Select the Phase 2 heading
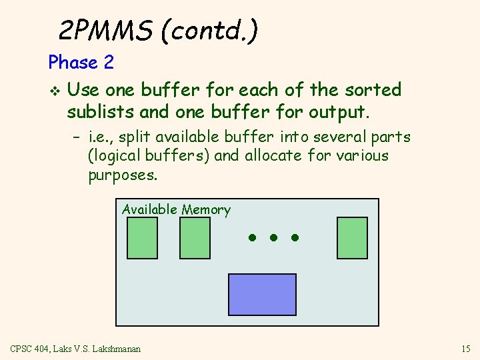pos(81,63)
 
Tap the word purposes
pos(123,175)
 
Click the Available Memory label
pos(176,210)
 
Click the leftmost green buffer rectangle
pos(142,237)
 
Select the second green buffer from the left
pos(195,237)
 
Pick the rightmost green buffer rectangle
pos(352,237)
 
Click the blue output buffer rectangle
pos(262,294)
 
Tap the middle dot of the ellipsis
pos(273,237)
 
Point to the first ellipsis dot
pos(252,237)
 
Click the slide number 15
pos(465,349)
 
